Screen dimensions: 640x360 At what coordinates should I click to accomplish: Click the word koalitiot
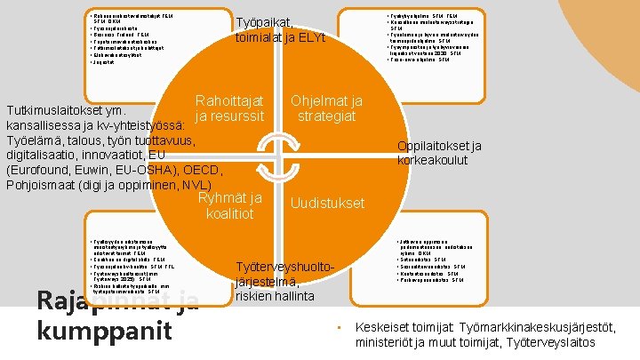click(229, 213)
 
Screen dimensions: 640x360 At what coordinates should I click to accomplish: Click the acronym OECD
click(198, 169)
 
